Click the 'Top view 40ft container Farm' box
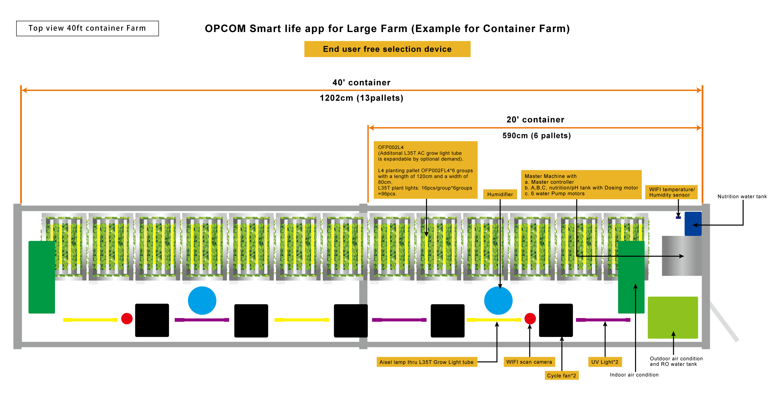click(87, 28)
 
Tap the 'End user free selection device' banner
click(387, 49)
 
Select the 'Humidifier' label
click(500, 194)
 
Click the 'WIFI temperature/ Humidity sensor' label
click(671, 192)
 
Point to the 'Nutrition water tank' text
click(742, 197)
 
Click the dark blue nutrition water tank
click(693, 224)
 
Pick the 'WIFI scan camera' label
click(529, 362)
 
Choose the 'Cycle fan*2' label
click(562, 376)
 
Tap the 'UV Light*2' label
click(605, 362)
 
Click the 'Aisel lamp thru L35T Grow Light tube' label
click(427, 362)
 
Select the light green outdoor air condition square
click(673, 317)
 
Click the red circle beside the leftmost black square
click(127, 319)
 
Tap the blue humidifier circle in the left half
click(202, 301)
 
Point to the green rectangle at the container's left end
click(42, 277)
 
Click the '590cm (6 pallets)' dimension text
click(537, 135)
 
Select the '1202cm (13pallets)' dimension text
click(362, 98)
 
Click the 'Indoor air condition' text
click(634, 375)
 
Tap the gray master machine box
click(681, 256)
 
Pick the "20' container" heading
click(535, 120)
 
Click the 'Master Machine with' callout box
click(581, 185)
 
